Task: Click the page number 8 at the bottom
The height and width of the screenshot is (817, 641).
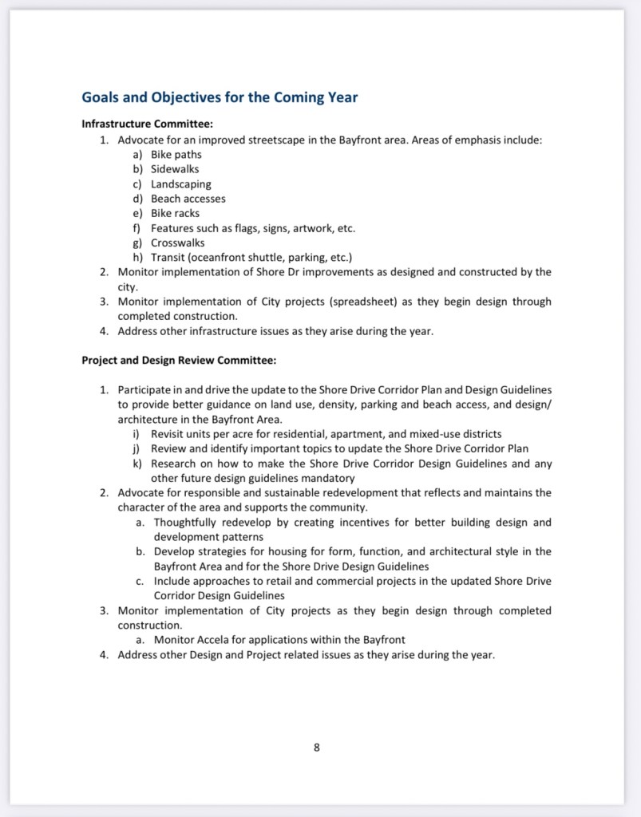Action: click(317, 748)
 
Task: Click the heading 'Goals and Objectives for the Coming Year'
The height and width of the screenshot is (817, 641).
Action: click(220, 98)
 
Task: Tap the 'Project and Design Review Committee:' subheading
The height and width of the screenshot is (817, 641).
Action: click(179, 360)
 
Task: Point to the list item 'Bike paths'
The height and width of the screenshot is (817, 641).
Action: click(176, 154)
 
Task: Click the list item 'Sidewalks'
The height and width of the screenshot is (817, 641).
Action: click(175, 169)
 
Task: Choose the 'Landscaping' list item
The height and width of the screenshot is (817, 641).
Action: click(181, 184)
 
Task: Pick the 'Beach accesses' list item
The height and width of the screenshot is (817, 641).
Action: click(188, 199)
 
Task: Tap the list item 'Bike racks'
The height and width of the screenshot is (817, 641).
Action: click(175, 213)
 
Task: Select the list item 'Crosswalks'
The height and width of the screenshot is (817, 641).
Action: click(178, 243)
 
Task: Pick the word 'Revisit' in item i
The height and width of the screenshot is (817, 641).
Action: click(168, 434)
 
